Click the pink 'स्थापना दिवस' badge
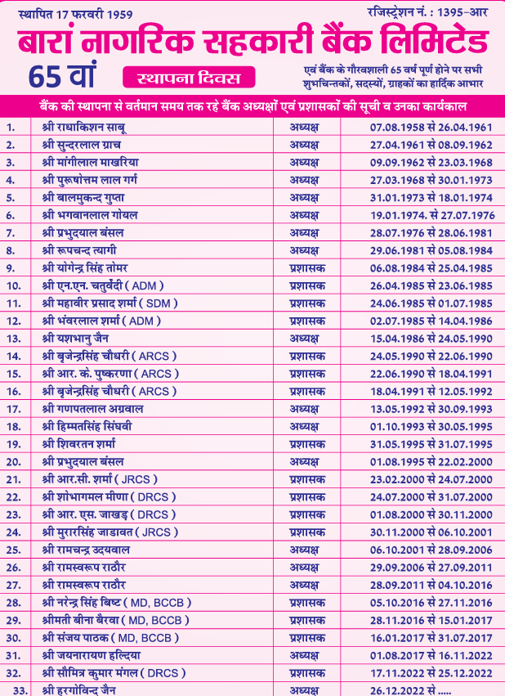coord(189,79)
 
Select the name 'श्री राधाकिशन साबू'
coord(84,127)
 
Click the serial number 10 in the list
coord(14,285)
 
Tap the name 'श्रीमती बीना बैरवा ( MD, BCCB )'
coord(113,620)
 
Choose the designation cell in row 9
coord(307,267)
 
